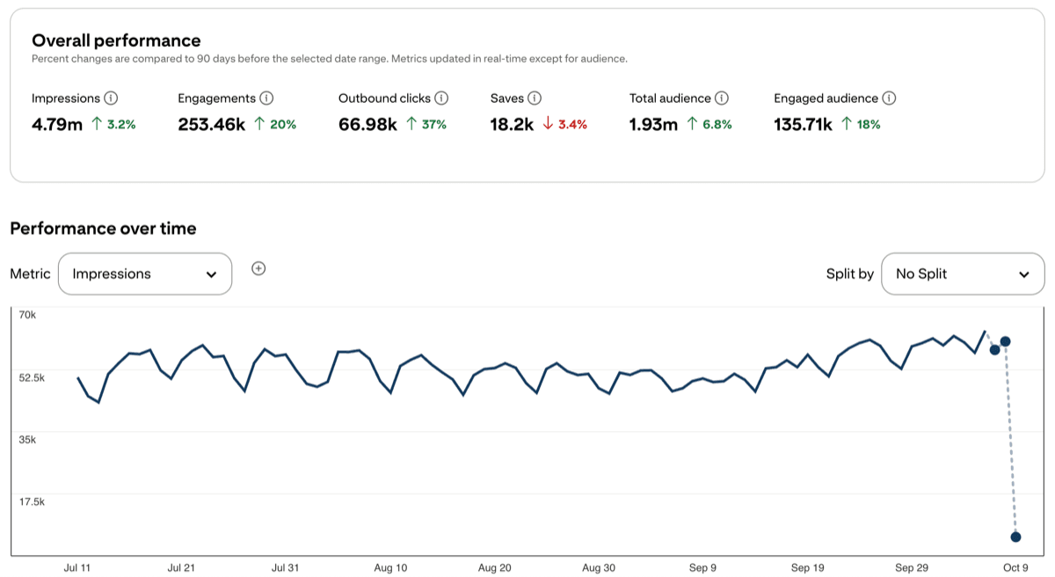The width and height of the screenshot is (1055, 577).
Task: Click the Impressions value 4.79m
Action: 57,125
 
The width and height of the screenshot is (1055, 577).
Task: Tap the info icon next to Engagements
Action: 266,99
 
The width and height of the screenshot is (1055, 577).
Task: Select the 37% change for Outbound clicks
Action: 427,125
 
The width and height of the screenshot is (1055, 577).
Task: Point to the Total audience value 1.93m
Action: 653,125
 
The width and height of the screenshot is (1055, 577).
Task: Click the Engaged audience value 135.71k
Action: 803,125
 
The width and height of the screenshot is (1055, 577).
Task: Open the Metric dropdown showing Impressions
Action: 145,274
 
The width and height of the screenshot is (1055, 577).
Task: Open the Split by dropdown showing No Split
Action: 963,274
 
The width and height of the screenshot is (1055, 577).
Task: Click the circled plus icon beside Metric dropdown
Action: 258,268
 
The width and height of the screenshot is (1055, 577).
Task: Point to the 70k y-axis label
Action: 27,314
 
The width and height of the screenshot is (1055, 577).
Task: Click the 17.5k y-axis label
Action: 32,501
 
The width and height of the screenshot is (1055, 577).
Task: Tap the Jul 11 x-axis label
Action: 77,568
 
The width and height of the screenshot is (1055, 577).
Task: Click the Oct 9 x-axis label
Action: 1015,568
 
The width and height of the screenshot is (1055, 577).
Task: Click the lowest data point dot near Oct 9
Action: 1015,537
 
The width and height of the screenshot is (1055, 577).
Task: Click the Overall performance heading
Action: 116,40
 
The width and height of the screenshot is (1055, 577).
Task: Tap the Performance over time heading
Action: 103,229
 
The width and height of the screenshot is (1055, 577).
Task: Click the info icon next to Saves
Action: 535,99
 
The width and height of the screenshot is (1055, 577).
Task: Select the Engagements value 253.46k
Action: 211,125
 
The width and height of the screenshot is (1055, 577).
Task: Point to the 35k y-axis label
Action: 27,439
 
